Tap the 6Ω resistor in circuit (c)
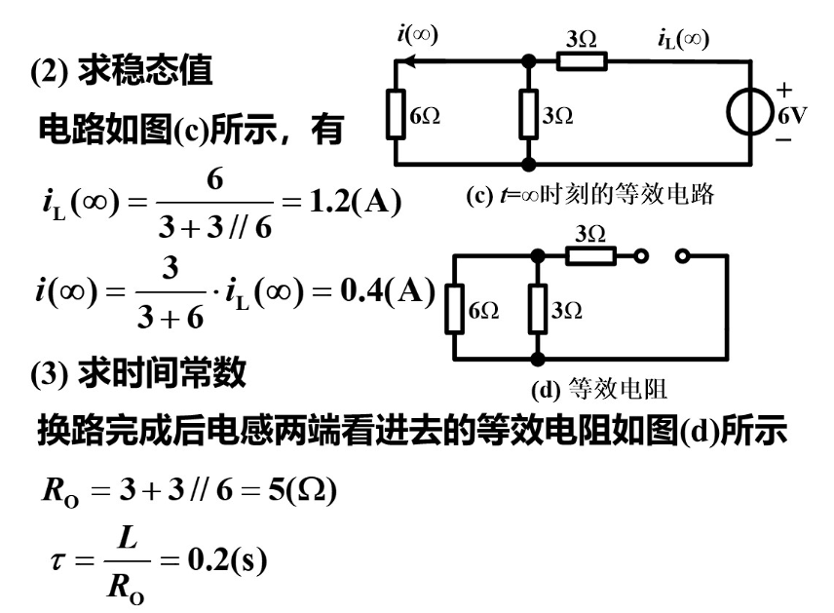pos(396,115)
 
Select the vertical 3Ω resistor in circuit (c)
pos(528,115)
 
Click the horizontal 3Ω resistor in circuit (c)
pos(582,61)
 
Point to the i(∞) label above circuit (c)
pos(418,33)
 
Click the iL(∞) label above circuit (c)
pos(683,39)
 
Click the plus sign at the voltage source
pos(784,91)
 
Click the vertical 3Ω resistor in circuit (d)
pos(537,310)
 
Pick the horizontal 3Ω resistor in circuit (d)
pos(590,256)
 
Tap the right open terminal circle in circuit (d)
pos(681,256)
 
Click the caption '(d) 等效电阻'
pos(598,391)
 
